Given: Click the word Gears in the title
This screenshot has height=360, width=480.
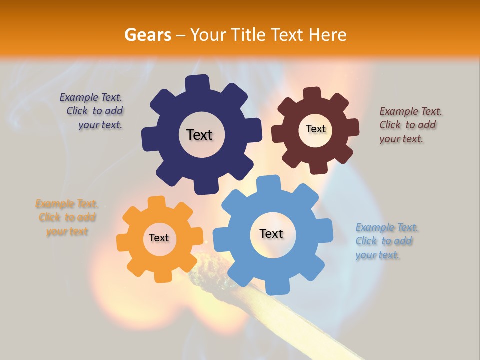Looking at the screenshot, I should click(x=148, y=35).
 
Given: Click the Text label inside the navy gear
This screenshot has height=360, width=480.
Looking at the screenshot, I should click(x=199, y=135).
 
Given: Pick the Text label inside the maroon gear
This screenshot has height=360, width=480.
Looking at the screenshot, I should click(x=315, y=129).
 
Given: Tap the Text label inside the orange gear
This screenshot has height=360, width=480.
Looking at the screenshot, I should click(x=159, y=238).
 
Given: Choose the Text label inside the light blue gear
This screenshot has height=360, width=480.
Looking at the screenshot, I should click(x=271, y=233).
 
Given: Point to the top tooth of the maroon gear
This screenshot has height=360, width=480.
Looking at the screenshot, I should click(x=312, y=94).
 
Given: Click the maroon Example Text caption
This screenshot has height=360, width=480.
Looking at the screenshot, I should click(x=410, y=125).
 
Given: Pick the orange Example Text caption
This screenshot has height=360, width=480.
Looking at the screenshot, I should click(x=67, y=217).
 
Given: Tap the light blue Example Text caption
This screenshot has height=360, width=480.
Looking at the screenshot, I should click(x=386, y=241).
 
